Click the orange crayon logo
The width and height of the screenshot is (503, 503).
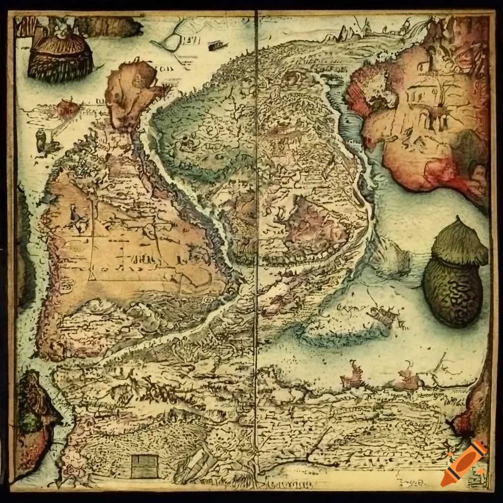463,463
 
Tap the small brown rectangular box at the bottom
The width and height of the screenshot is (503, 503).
145,466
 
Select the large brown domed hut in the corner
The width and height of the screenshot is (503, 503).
60,56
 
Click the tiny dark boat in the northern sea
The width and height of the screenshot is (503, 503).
215,46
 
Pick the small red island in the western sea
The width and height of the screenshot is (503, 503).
65,107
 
